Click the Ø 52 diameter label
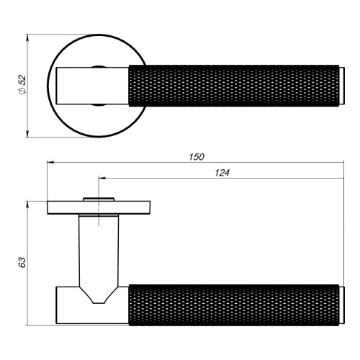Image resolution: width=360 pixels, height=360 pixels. (x=22, y=84)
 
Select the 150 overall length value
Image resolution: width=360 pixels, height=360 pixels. (x=197, y=156)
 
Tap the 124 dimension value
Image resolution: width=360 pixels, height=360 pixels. (x=223, y=172)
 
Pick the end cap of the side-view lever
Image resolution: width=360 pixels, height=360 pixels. (x=343, y=302)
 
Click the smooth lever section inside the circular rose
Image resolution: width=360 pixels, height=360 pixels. (x=90, y=84)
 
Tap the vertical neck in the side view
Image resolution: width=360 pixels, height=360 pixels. (x=99, y=248)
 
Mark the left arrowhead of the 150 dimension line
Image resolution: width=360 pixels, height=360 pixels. (x=50, y=163)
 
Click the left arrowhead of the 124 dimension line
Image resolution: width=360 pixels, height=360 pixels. (x=102, y=179)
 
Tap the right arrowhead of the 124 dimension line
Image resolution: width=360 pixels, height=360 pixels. (x=343, y=179)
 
